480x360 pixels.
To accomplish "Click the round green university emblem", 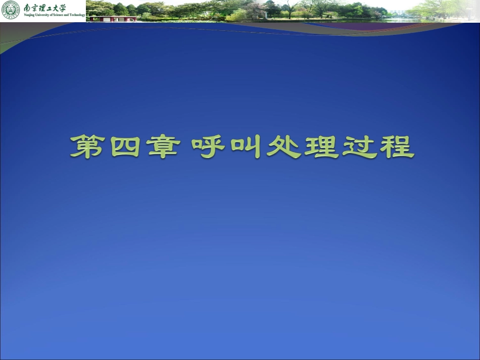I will [11, 10].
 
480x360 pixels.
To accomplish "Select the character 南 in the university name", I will [27, 8].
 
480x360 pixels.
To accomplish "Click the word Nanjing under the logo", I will [29, 16].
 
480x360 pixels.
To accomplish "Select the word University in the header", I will [41, 16].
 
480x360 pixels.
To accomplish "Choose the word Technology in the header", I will [77, 16].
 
